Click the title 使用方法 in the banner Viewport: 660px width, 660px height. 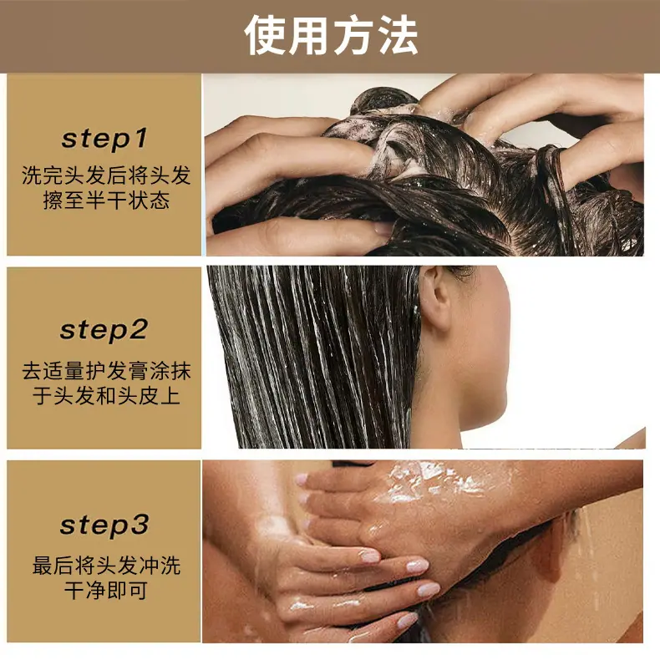331,35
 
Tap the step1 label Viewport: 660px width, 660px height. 104,139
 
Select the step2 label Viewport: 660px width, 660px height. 104,330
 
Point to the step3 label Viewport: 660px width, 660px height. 104,525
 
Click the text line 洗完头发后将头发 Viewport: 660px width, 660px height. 106,175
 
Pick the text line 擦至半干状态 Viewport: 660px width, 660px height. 106,200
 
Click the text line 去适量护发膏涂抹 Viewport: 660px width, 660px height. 106,371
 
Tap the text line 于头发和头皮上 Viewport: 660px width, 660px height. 106,396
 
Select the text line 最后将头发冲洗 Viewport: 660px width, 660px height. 106,566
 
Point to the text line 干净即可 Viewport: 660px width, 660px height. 106,590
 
